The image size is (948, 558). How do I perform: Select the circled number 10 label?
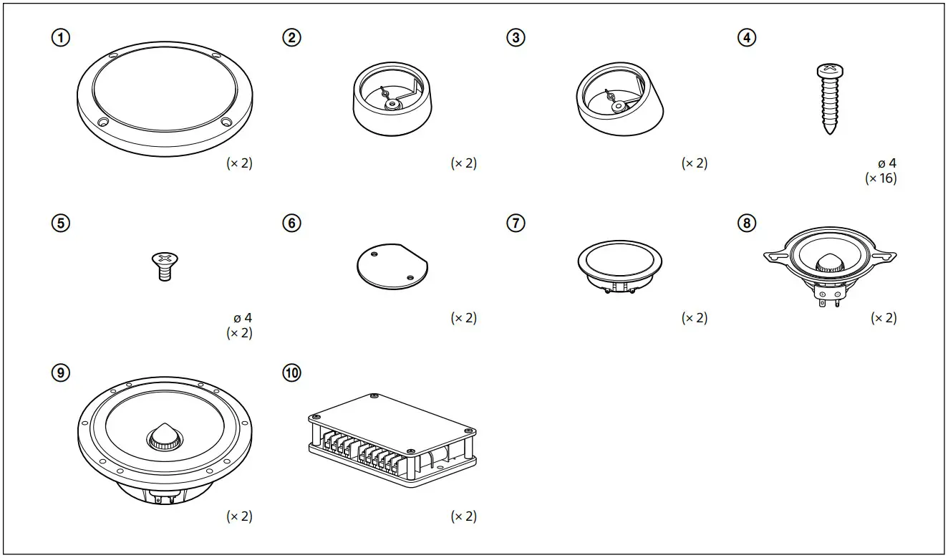point(291,373)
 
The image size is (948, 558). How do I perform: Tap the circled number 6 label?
point(291,223)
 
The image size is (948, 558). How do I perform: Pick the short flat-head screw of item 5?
point(165,266)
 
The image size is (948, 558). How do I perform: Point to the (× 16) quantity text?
point(880,178)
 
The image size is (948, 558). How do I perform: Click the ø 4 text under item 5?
point(243,317)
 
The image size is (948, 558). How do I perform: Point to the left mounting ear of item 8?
point(774,256)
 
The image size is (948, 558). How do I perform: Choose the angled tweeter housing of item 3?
point(619,97)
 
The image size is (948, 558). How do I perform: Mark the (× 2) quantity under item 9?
point(239,516)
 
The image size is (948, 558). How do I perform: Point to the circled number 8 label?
point(746,223)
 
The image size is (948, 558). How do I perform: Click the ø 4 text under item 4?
point(887,163)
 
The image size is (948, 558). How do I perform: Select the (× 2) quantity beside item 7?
point(694,317)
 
